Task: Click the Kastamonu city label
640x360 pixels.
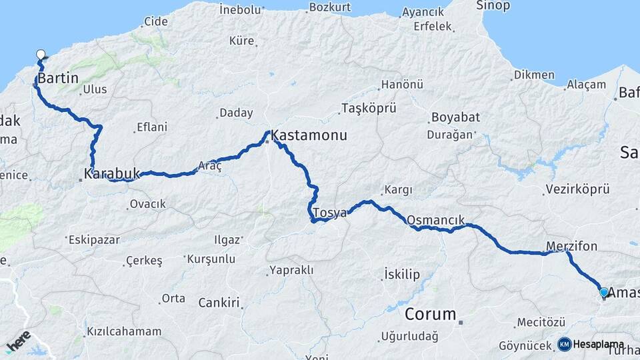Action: (309, 136)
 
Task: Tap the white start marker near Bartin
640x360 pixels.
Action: (41, 55)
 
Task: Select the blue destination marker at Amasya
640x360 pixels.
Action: (604, 292)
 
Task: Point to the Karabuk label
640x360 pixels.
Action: (112, 175)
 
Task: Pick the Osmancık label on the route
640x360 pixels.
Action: (435, 220)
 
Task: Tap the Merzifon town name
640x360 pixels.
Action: (571, 246)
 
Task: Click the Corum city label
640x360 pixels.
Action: (431, 314)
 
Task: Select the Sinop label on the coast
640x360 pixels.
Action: (493, 6)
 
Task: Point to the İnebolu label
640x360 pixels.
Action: (240, 9)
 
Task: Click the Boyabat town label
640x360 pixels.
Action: (455, 117)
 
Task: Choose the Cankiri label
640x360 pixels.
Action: (219, 303)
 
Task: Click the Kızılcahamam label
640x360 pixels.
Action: (124, 331)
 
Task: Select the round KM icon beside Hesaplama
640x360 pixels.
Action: (564, 344)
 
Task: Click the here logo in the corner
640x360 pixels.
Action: (19, 341)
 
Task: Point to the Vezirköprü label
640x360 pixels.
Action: (577, 189)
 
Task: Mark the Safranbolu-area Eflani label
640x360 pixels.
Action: (152, 127)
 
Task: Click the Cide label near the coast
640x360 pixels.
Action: (156, 21)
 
